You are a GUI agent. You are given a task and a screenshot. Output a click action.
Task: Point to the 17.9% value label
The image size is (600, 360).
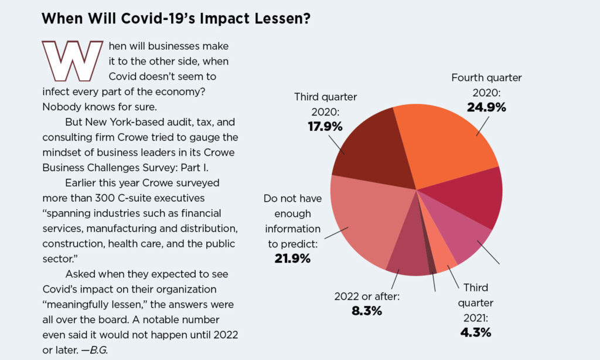tap(325, 126)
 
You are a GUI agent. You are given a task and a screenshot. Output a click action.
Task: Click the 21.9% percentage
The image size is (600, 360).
tap(292, 259)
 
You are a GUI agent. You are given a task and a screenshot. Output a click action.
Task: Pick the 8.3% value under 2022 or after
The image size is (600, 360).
tap(367, 311)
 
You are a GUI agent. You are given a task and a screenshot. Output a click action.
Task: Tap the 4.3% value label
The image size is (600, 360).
tap(475, 332)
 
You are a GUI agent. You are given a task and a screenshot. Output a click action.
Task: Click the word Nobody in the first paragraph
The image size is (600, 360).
tap(60, 107)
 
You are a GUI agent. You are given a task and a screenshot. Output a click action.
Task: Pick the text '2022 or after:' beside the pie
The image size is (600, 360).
tap(367, 296)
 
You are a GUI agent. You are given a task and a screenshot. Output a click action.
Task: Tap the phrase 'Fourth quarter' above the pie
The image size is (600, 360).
tap(486, 77)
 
